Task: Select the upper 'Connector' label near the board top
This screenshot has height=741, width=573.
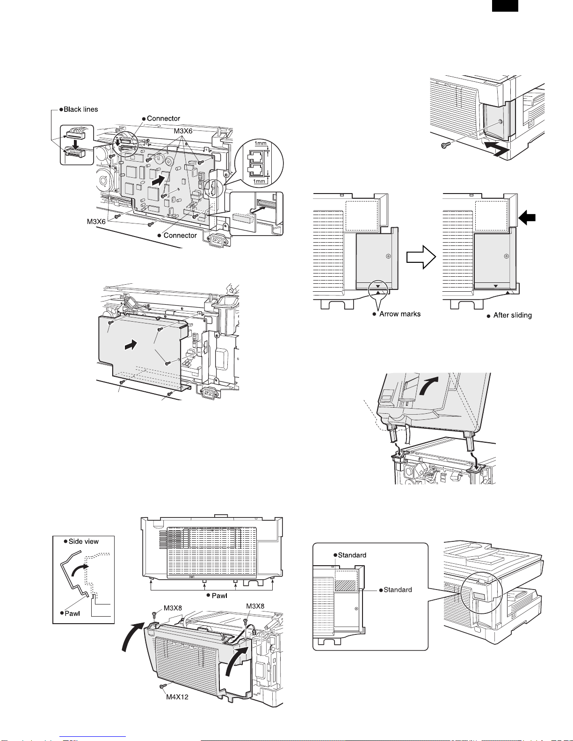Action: [x=163, y=119]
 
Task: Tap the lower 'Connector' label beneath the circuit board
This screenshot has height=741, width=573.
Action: [x=180, y=236]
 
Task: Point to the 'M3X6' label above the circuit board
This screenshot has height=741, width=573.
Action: [x=183, y=131]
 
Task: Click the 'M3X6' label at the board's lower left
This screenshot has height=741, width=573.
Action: [x=96, y=222]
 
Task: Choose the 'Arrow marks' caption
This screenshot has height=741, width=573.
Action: [x=399, y=314]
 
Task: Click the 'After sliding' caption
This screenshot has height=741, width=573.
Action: [x=512, y=316]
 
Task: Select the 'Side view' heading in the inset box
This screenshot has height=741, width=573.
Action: [x=83, y=541]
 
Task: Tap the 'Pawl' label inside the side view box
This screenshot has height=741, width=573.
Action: [x=72, y=613]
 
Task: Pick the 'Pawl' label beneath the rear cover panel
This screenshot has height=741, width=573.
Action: [x=219, y=596]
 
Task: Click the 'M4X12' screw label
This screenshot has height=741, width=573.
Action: [x=177, y=697]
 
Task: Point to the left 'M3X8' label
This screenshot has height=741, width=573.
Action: [x=173, y=608]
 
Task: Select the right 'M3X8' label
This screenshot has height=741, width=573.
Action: [x=255, y=606]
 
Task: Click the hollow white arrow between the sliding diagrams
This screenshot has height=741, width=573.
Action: [x=421, y=257]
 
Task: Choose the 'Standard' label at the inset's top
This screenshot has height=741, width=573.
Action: [x=352, y=555]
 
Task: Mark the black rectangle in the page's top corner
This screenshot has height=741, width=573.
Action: [x=505, y=6]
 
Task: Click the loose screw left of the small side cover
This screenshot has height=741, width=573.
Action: [x=446, y=145]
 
